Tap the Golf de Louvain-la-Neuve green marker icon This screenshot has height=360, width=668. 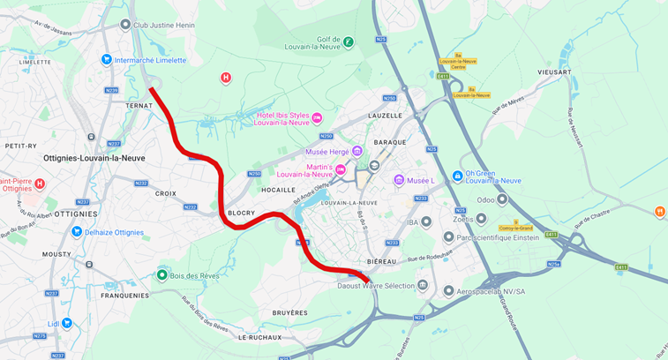click(349, 41)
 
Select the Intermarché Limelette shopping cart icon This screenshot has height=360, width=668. click(106, 60)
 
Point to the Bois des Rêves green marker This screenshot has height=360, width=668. click(161, 275)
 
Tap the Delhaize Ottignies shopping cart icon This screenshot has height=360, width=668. click(77, 232)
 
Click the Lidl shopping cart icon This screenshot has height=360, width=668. click(66, 323)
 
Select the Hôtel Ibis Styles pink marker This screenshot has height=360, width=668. click(317, 118)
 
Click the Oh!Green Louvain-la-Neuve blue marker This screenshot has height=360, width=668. click(457, 176)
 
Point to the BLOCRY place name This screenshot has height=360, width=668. click(241, 213)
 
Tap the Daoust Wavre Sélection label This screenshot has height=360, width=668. click(376, 286)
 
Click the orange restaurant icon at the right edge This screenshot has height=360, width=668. click(659, 211)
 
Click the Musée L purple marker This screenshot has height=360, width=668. click(399, 180)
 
